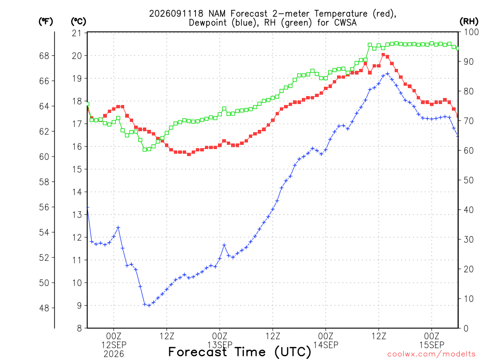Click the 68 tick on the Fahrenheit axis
(44, 56)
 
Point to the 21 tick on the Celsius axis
(77, 33)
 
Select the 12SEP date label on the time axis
(114, 345)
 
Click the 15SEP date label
(432, 345)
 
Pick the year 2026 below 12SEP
(114, 354)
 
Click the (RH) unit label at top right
(469, 21)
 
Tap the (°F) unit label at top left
(45, 22)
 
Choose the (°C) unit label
(78, 22)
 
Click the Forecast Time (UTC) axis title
(240, 352)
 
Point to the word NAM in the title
(217, 14)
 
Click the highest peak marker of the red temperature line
(383, 55)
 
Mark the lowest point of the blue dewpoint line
(149, 306)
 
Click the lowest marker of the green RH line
(144, 150)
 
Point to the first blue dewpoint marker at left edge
(88, 207)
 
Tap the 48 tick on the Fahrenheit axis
(44, 308)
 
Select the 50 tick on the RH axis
(468, 180)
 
